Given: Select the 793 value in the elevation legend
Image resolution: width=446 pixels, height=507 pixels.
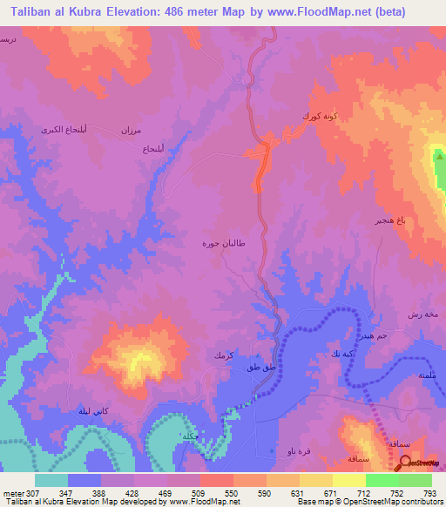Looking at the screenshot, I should pos(429,492).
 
